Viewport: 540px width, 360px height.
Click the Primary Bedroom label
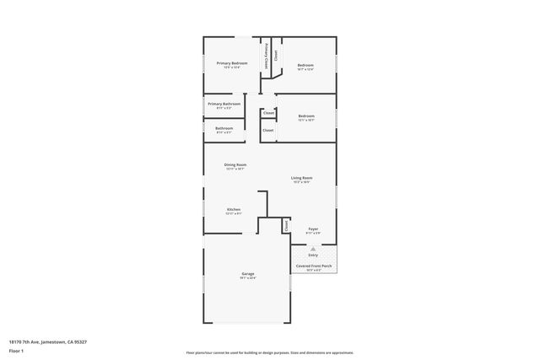pyautogui.click(x=231, y=63)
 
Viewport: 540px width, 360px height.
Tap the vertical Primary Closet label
pyautogui.click(x=267, y=56)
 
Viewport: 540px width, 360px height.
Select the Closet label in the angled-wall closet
pyautogui.click(x=275, y=56)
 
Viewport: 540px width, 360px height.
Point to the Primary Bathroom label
pyautogui.click(x=224, y=104)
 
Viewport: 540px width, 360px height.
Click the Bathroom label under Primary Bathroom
pyautogui.click(x=224, y=128)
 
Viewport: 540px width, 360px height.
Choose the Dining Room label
pyautogui.click(x=235, y=164)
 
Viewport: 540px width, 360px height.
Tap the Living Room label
pyautogui.click(x=301, y=178)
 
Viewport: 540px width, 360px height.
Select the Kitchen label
pyautogui.click(x=234, y=209)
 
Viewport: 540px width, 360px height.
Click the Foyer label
pyautogui.click(x=312, y=228)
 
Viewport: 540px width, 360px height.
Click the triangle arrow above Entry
pyautogui.click(x=313, y=248)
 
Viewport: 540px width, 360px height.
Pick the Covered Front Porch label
pyautogui.click(x=313, y=266)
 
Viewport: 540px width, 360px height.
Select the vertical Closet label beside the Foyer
pyautogui.click(x=286, y=226)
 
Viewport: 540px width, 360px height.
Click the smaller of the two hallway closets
pyautogui.click(x=268, y=113)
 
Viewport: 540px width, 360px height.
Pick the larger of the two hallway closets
pyautogui.click(x=267, y=131)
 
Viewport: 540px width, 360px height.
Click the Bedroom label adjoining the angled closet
pyautogui.click(x=305, y=65)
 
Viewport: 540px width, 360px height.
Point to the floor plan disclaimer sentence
pyautogui.click(x=270, y=352)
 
